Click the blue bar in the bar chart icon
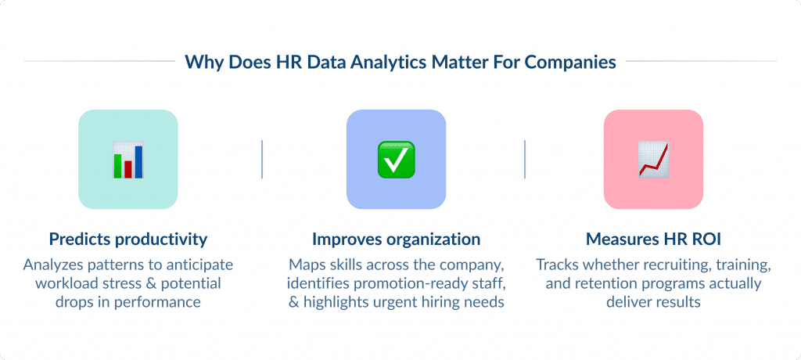(138, 161)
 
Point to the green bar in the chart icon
(118, 166)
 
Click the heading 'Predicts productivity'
(128, 239)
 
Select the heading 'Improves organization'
(396, 239)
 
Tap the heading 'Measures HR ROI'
(653, 239)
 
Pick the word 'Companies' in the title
(574, 62)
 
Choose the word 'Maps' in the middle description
(307, 264)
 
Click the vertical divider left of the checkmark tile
(262, 159)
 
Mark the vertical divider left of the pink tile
(525, 159)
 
